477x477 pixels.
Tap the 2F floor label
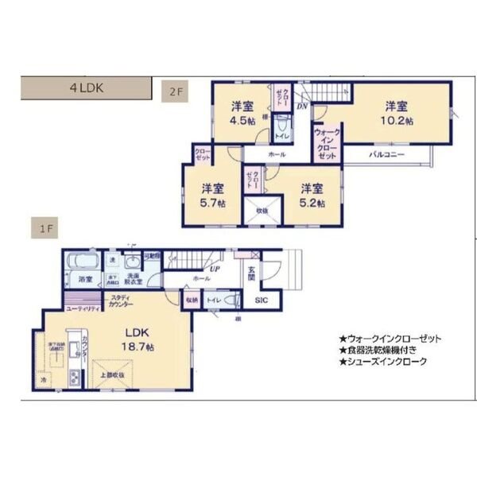(x=175, y=91)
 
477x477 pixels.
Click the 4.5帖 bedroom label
(x=242, y=113)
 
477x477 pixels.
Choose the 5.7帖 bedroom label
(x=212, y=196)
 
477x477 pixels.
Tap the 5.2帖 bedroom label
(x=312, y=196)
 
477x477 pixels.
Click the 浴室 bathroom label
(x=84, y=279)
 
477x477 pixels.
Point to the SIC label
(x=261, y=301)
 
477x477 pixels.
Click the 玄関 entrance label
(x=250, y=274)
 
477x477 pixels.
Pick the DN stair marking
(x=302, y=106)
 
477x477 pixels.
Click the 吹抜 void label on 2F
(x=262, y=210)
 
